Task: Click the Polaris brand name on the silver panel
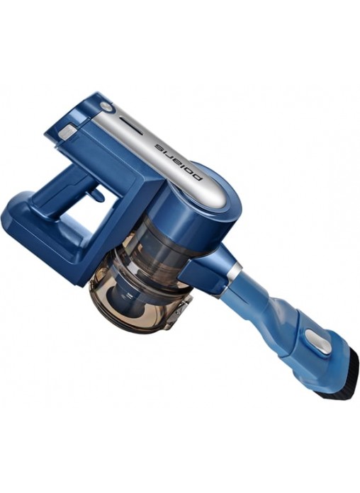click(x=179, y=163)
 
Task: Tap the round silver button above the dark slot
click(x=106, y=106)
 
